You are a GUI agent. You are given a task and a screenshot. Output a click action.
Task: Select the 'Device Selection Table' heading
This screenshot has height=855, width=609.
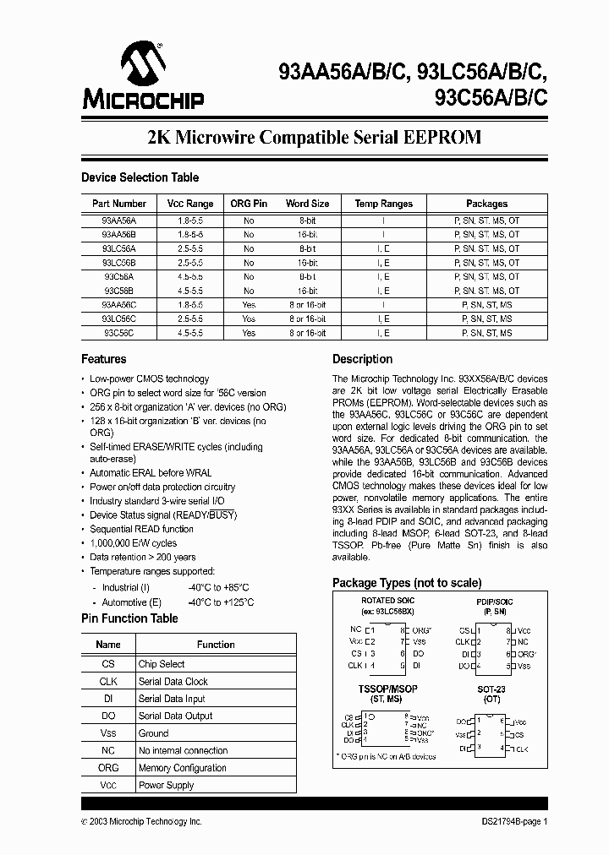(140, 177)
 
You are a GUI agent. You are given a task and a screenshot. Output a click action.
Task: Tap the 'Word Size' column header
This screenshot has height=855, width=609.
(307, 204)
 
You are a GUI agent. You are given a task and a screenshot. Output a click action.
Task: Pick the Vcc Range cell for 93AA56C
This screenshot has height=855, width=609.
(189, 305)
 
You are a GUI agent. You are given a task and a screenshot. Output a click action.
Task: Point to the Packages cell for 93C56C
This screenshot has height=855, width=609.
(486, 334)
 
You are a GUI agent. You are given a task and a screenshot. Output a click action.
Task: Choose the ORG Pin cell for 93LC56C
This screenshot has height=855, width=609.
(248, 319)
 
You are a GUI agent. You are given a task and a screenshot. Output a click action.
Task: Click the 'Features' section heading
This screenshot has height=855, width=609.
(104, 359)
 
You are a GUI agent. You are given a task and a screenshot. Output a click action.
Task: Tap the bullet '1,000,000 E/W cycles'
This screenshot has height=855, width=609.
(134, 543)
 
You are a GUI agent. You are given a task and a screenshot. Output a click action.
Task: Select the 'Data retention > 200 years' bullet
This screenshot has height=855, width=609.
(143, 558)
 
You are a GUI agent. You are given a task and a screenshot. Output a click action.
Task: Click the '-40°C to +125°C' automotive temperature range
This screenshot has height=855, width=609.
(221, 602)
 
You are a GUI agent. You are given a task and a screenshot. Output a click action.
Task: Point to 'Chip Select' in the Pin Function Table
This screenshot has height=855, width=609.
(162, 664)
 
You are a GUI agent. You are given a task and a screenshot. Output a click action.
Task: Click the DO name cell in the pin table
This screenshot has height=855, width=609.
(108, 716)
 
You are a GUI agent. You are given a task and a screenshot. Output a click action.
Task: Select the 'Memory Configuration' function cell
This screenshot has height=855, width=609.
(183, 768)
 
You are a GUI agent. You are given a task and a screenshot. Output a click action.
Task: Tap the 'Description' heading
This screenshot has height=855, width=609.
(362, 359)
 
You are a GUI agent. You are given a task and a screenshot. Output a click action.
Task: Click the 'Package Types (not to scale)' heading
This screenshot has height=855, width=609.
(407, 583)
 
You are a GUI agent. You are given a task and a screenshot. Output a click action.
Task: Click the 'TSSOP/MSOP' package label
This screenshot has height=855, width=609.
(387, 689)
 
